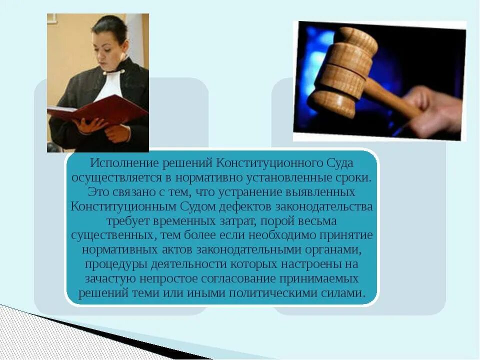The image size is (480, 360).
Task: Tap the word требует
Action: pos(127,220)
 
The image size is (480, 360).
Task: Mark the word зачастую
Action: pos(107,278)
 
